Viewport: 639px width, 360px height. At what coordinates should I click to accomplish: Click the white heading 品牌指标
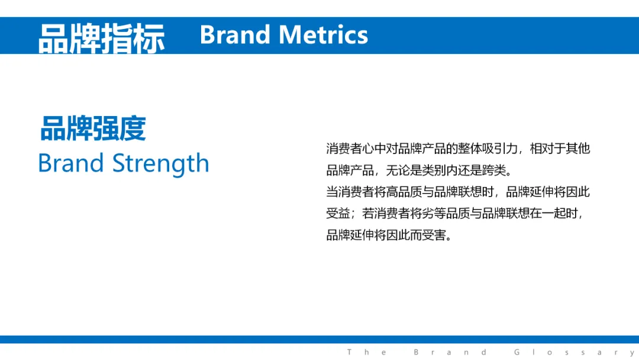(x=102, y=38)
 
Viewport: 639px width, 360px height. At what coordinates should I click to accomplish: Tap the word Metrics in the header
(x=324, y=35)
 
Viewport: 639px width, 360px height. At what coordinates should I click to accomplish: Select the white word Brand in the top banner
(x=235, y=35)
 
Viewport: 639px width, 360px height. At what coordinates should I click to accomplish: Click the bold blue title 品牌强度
(x=93, y=128)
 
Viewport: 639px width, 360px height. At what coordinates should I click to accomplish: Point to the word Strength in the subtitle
(x=160, y=164)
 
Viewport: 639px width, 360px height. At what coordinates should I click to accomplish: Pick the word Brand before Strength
(x=71, y=163)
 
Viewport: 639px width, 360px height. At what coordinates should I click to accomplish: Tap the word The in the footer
(x=366, y=352)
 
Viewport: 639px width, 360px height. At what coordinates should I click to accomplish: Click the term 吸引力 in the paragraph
(x=500, y=149)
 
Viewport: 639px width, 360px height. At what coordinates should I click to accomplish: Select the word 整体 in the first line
(x=470, y=149)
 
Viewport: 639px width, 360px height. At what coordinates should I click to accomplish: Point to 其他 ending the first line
(x=578, y=149)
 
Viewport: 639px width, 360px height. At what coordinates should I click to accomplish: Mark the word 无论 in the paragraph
(x=398, y=170)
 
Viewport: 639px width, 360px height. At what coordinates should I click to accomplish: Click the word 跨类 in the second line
(x=494, y=170)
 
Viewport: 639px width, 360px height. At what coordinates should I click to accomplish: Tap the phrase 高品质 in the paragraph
(x=404, y=192)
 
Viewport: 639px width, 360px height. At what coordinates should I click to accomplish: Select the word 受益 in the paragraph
(x=338, y=213)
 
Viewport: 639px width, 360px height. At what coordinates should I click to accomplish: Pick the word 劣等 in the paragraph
(x=434, y=213)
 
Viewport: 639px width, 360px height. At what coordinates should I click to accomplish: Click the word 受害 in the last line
(x=434, y=235)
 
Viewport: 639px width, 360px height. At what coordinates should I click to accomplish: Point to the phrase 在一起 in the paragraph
(x=548, y=213)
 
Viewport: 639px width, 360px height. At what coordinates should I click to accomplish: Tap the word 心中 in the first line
(x=374, y=149)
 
